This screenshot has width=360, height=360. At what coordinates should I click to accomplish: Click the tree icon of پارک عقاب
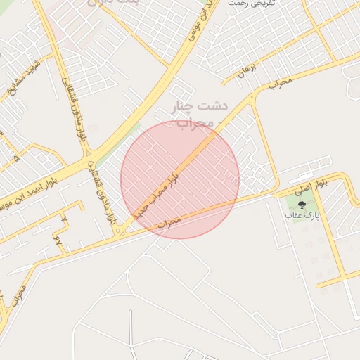(302, 205)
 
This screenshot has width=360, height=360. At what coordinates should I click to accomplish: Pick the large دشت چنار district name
(202, 108)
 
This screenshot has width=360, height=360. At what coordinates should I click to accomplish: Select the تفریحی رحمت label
(250, 4)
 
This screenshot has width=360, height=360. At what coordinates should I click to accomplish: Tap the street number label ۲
(64, 220)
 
